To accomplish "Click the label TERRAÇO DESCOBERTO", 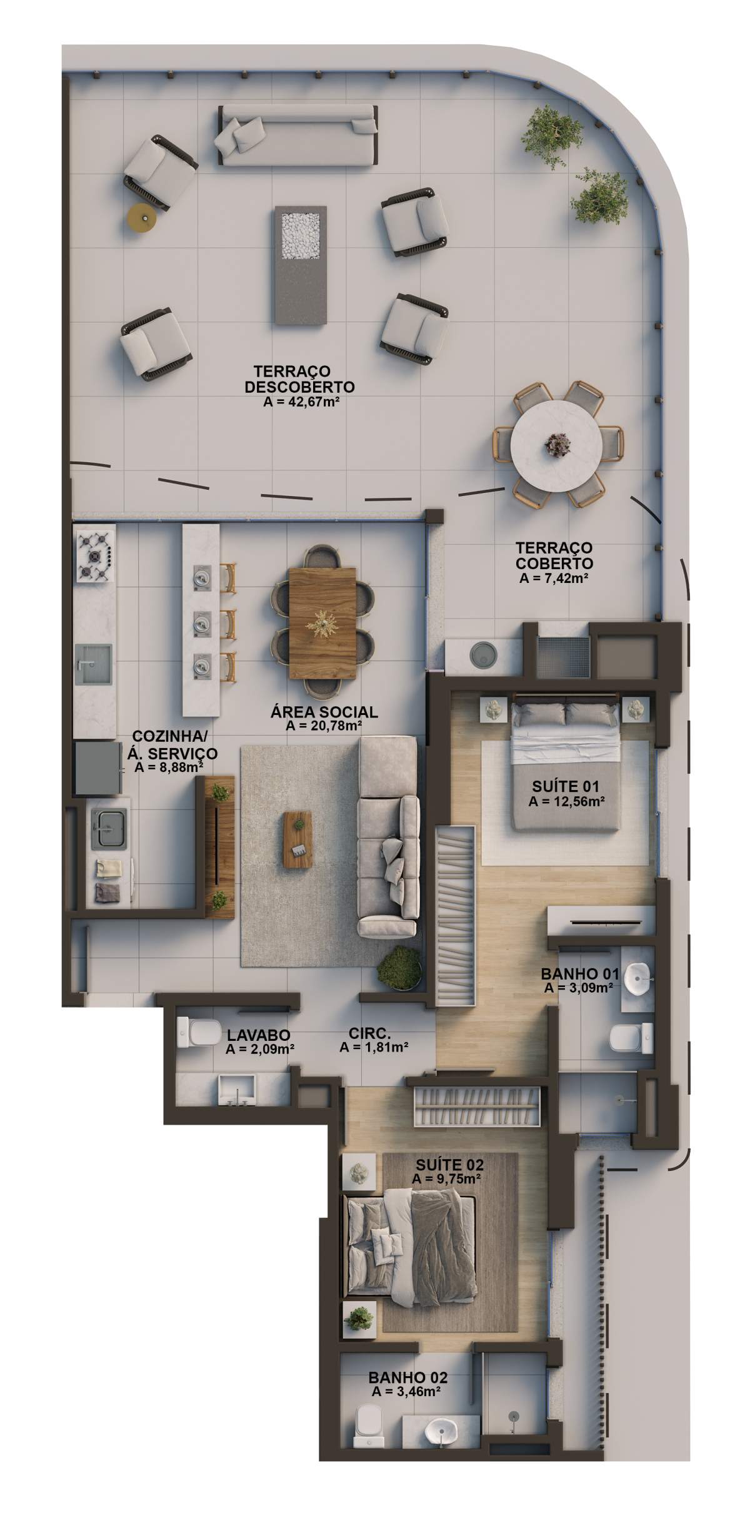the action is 300,378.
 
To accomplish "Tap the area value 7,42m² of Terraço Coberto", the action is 565,579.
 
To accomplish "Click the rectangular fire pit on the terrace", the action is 300,266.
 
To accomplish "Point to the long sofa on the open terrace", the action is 298,135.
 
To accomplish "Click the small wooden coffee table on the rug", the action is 297,839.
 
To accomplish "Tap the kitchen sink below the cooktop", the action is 94,663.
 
